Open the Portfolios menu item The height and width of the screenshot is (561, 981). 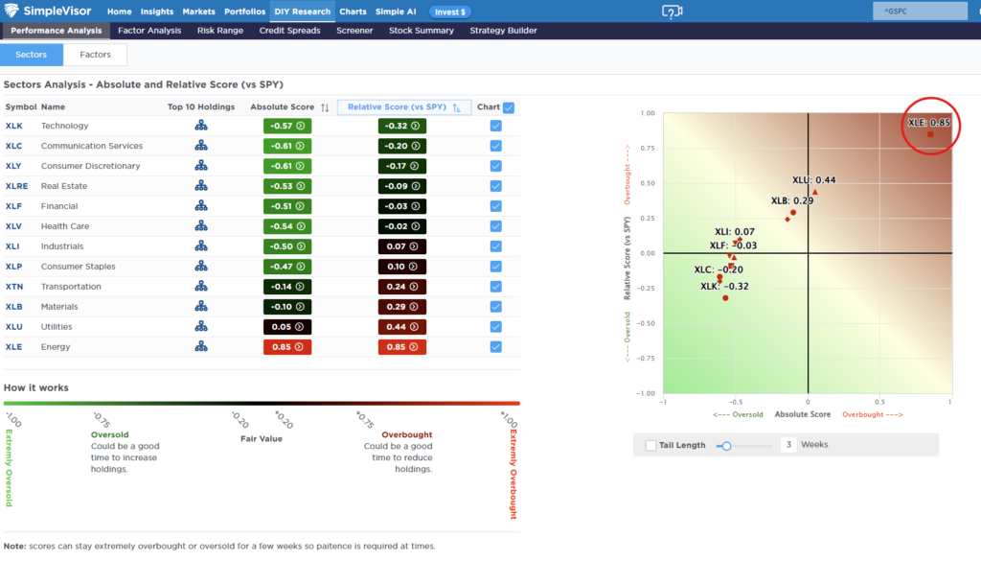(x=244, y=12)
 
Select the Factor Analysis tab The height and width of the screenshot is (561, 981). (x=149, y=31)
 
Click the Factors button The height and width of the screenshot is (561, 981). (x=95, y=55)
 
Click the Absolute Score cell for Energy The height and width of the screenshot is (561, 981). (x=286, y=347)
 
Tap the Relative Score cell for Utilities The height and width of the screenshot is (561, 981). (x=402, y=327)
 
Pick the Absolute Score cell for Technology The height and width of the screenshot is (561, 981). (x=286, y=126)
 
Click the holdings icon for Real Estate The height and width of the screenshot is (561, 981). (x=201, y=186)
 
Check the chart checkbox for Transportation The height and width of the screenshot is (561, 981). (x=495, y=287)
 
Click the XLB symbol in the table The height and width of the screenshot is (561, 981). (x=14, y=307)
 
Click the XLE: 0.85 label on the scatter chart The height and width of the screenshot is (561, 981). (x=928, y=123)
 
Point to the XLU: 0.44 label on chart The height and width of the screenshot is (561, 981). (x=813, y=179)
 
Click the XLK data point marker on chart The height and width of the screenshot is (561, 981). (x=725, y=298)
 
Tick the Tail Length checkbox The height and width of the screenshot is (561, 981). (x=651, y=445)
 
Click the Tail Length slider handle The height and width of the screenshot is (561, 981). (x=727, y=445)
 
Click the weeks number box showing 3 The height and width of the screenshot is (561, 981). (x=788, y=445)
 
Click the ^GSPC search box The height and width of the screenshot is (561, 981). (x=919, y=12)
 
